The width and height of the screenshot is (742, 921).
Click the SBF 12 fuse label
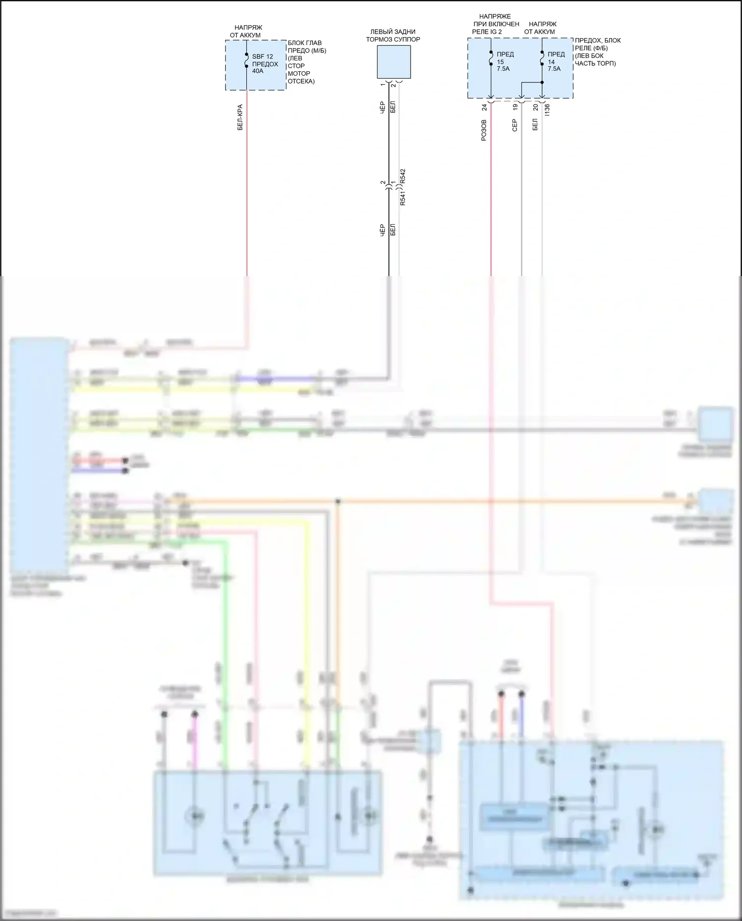tap(262, 56)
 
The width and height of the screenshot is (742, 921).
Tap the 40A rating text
tap(258, 71)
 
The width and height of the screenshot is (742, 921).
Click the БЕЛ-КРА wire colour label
tap(240, 117)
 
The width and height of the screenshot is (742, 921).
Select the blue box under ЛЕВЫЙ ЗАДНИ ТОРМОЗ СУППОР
tap(394, 62)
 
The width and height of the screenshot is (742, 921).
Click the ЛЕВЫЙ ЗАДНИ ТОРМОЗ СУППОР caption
tap(393, 36)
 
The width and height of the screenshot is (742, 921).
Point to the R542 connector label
tap(403, 177)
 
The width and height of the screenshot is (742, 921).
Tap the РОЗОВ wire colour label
tap(484, 130)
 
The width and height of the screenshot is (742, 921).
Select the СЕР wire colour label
tap(514, 125)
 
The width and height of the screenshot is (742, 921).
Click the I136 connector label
tap(547, 110)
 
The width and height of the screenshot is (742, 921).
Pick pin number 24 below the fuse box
tap(485, 107)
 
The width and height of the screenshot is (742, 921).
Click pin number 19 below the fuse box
tap(515, 107)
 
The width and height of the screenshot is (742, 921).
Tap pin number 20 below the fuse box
tap(535, 107)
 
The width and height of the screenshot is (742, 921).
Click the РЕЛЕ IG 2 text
tap(487, 32)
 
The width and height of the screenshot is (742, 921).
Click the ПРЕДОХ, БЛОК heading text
tap(598, 41)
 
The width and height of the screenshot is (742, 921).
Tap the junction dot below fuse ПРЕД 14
tap(542, 83)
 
